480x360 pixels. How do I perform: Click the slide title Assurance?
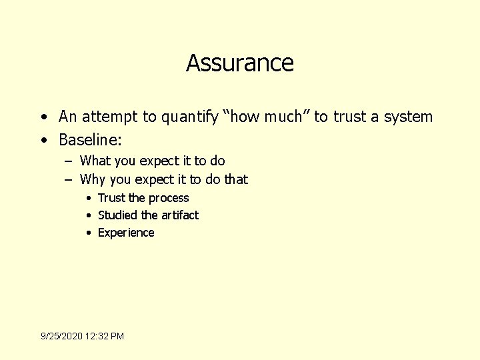[x=240, y=63]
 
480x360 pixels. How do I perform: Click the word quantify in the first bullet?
[x=188, y=117]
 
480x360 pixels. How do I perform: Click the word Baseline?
[x=88, y=140]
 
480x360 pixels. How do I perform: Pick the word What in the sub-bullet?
[x=94, y=161]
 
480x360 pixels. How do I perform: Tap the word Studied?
[x=118, y=215]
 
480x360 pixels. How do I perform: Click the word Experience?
[x=126, y=233]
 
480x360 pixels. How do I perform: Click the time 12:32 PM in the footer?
[x=107, y=336]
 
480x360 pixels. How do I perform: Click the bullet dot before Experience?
[x=88, y=233]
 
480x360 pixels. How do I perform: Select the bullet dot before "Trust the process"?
[x=88, y=198]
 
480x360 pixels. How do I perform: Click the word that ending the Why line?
[x=236, y=179]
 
